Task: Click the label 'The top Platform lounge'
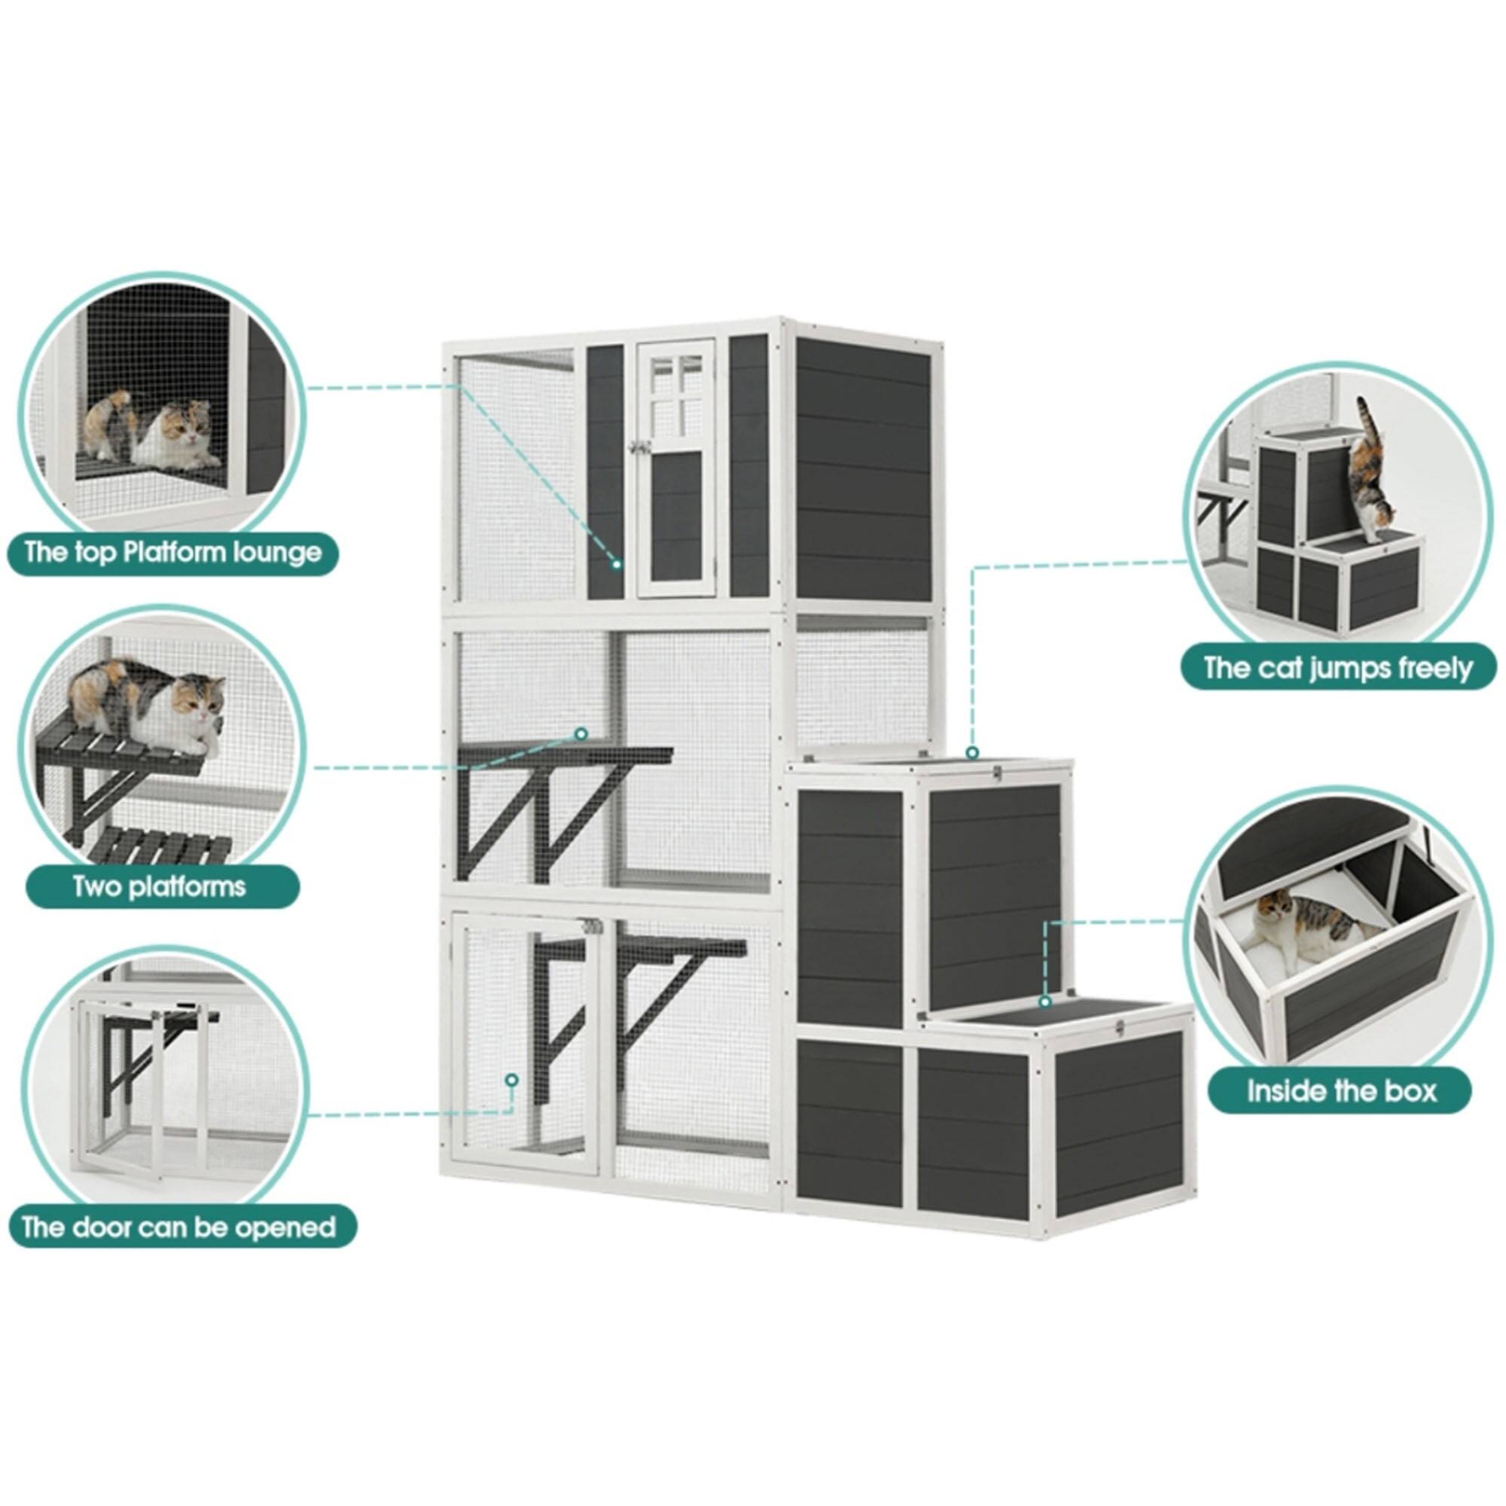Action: click(172, 553)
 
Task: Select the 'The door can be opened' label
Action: click(178, 1228)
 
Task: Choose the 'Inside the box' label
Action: click(1341, 1090)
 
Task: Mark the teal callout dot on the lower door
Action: click(511, 1080)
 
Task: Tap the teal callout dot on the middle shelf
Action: click(580, 733)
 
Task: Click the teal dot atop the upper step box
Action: click(971, 753)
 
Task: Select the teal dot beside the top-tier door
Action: click(617, 562)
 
